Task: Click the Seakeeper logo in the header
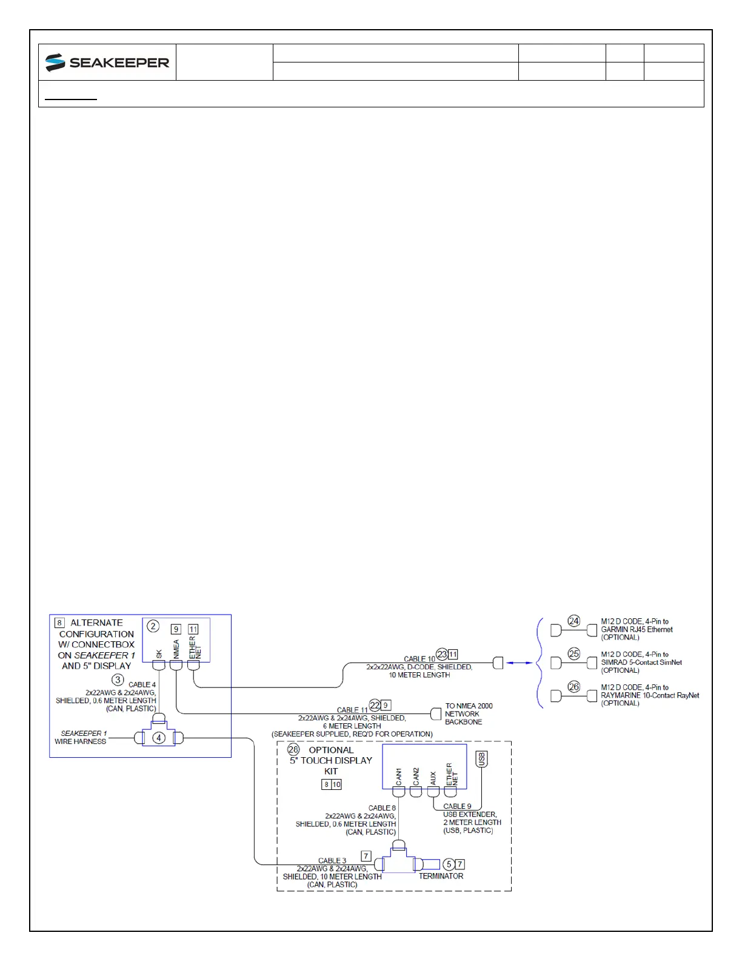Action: pos(107,62)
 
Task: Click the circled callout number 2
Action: pos(153,626)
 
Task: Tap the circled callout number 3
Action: pos(118,680)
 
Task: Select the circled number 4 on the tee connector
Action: pos(159,738)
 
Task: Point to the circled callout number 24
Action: pos(574,621)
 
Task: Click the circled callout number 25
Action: pos(574,654)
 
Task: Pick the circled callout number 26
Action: pos(574,687)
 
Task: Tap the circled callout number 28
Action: pos(293,749)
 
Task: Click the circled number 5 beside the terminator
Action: pos(449,865)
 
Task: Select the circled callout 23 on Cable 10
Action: pos(442,655)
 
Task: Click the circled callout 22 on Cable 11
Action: pos(375,705)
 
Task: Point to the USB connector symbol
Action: pos(482,759)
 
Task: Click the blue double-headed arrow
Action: pos(520,663)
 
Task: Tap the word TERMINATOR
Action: pos(441,876)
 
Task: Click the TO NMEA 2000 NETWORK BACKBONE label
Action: pos(469,714)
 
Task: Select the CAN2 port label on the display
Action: pos(416,776)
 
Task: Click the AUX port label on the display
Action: pos(433,778)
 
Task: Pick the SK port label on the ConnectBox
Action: pos(159,654)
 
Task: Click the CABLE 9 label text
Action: pos(457,807)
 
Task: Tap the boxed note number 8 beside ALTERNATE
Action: pos(59,623)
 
